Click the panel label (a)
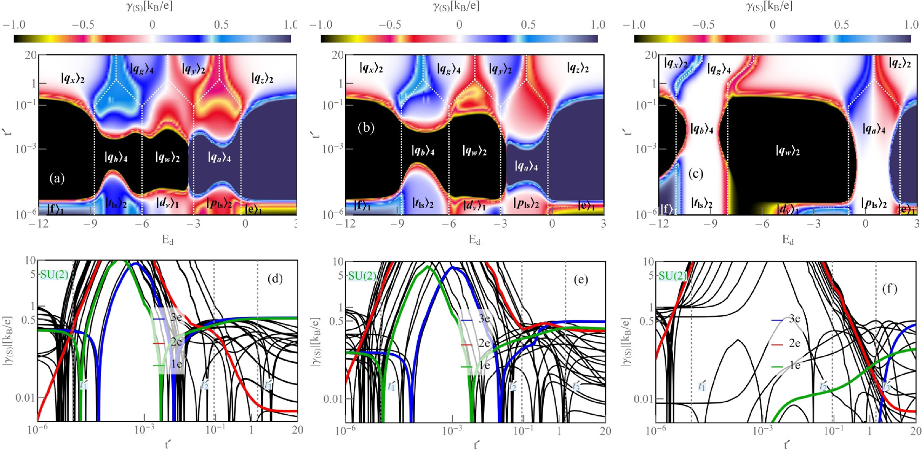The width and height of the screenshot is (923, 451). click(57, 178)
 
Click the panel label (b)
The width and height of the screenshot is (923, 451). click(366, 128)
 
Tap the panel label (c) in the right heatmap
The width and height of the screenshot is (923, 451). click(697, 174)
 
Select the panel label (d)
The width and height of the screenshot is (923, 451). click(275, 279)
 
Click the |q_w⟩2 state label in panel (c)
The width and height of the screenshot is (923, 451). click(787, 151)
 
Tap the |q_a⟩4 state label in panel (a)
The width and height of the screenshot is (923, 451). click(219, 157)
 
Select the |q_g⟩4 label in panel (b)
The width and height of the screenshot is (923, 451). click(449, 69)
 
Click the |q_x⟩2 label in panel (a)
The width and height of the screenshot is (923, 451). click(72, 78)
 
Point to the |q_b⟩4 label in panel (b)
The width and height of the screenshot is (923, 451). click(423, 151)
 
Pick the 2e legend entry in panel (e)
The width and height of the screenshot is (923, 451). click(484, 343)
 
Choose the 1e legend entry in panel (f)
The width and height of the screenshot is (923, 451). click(794, 366)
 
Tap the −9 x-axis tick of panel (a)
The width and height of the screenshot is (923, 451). click(92, 223)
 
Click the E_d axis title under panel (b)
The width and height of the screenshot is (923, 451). click(474, 240)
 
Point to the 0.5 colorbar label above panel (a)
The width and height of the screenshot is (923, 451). click(220, 24)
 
